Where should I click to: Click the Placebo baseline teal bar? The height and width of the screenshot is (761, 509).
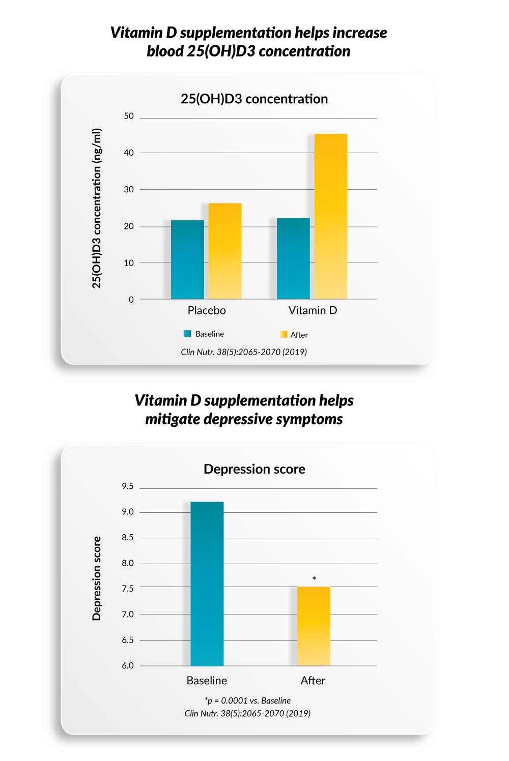click(187, 259)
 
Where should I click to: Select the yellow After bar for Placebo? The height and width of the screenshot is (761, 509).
click(225, 251)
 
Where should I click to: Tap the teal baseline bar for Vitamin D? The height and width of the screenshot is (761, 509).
click(293, 258)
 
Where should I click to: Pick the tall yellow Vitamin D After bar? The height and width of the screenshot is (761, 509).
click(331, 216)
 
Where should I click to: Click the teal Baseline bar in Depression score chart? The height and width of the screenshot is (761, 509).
click(207, 583)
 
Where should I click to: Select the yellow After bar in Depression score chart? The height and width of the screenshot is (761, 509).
click(314, 626)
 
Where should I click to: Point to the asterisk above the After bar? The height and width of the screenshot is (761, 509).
click(314, 578)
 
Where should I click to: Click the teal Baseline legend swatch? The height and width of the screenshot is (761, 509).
click(187, 334)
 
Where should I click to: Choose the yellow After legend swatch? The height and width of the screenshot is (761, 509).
click(284, 334)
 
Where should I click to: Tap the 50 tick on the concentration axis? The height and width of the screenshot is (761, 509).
click(129, 116)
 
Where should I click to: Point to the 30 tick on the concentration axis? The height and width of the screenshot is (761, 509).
click(129, 190)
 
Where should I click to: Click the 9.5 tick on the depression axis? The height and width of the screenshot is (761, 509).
click(128, 486)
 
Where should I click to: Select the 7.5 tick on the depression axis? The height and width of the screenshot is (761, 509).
click(128, 589)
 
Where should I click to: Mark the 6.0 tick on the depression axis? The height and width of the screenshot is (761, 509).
click(128, 665)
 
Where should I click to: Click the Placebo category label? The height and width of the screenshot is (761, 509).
click(207, 310)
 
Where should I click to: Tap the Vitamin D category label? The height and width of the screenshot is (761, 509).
click(313, 310)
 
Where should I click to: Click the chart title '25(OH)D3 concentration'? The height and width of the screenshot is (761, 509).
click(254, 99)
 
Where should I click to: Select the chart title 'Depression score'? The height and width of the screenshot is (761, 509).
click(254, 469)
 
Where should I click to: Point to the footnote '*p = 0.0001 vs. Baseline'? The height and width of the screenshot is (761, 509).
click(247, 700)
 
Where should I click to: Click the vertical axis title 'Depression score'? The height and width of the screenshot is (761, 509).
click(97, 578)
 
